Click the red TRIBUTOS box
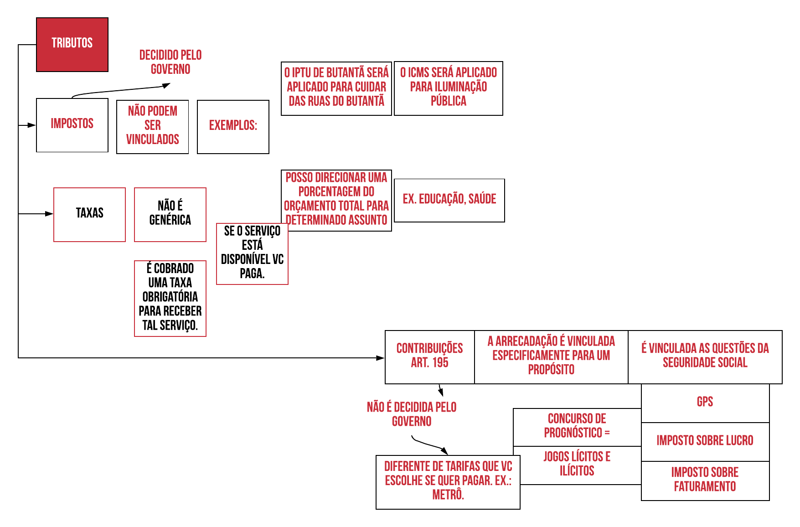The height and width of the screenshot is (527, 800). pyautogui.click(x=72, y=44)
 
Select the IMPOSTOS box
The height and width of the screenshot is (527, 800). pyautogui.click(x=72, y=125)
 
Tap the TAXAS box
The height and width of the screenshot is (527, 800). pyautogui.click(x=89, y=214)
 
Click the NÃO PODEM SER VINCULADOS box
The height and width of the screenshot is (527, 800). pyautogui.click(x=152, y=127)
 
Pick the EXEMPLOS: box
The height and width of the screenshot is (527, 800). pyautogui.click(x=233, y=127)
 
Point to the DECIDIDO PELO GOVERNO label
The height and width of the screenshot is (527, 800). pyautogui.click(x=170, y=62)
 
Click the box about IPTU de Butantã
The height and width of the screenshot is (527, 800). pyautogui.click(x=336, y=88)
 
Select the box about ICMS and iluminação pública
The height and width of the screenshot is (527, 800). pyautogui.click(x=448, y=88)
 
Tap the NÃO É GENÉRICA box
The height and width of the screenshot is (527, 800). pyautogui.click(x=170, y=214)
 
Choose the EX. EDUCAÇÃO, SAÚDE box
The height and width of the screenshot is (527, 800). pyautogui.click(x=449, y=200)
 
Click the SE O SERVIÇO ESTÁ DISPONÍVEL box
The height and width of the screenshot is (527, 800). pyautogui.click(x=252, y=253)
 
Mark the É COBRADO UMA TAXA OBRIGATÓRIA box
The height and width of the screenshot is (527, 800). pyautogui.click(x=170, y=298)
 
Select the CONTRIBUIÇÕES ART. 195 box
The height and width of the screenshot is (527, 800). pyautogui.click(x=429, y=356)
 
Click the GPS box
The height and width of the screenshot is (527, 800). pyautogui.click(x=705, y=403)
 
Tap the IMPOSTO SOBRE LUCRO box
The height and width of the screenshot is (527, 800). pyautogui.click(x=705, y=441)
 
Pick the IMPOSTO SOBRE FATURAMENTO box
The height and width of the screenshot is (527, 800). pyautogui.click(x=705, y=480)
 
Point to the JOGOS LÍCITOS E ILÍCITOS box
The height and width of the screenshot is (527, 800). pyautogui.click(x=577, y=465)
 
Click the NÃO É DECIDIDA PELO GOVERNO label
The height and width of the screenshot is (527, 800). pyautogui.click(x=412, y=414)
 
